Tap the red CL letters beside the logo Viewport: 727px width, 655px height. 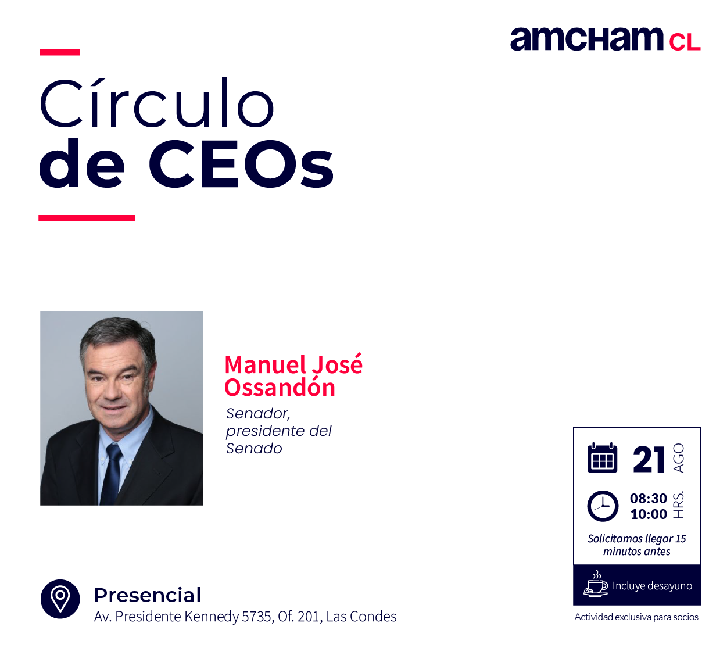tap(685, 42)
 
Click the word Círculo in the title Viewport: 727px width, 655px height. tap(156, 103)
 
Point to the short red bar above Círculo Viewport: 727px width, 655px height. tap(59, 52)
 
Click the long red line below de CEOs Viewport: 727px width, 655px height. tap(87, 218)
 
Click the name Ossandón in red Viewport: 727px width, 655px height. tap(280, 388)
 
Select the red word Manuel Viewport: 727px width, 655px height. tap(265, 364)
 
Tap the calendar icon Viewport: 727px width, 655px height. tap(602, 457)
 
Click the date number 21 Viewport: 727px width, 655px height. tap(649, 459)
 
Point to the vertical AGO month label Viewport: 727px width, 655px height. tap(678, 458)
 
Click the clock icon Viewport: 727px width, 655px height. tap(603, 506)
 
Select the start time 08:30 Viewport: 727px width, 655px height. tap(649, 499)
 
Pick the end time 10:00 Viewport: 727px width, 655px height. tap(649, 514)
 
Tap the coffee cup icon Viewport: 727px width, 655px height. tap(596, 584)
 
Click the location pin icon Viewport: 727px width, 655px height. tap(60, 599)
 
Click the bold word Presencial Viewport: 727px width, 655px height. tap(148, 596)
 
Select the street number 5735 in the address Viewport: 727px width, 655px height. tap(257, 616)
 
